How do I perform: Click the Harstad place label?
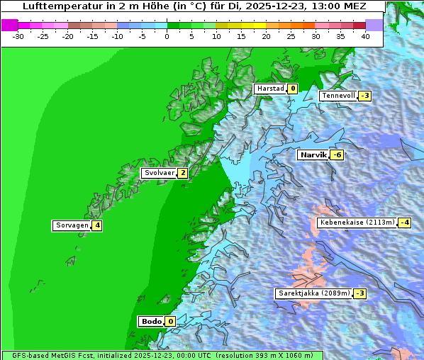pyautogui.click(x=270, y=89)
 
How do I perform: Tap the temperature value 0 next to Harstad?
pyautogui.click(x=292, y=89)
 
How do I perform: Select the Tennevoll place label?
pyautogui.click(x=338, y=96)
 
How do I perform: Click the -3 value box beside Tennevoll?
pyautogui.click(x=364, y=96)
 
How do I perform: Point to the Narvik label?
pyautogui.click(x=313, y=155)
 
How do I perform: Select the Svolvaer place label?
pyautogui.click(x=158, y=173)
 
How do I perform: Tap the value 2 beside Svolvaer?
pyautogui.click(x=182, y=173)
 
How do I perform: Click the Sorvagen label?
pyautogui.click(x=72, y=226)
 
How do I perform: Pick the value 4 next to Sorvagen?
pyautogui.click(x=97, y=226)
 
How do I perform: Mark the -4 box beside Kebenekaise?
pyautogui.click(x=404, y=223)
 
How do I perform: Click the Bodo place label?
pyautogui.click(x=150, y=321)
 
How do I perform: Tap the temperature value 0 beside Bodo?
pyautogui.click(x=170, y=321)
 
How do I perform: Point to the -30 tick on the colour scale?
pyautogui.click(x=18, y=35)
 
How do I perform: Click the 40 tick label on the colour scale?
pyautogui.click(x=365, y=35)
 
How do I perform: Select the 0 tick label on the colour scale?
pyautogui.click(x=167, y=35)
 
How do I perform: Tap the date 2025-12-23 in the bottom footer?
pyautogui.click(x=156, y=355)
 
